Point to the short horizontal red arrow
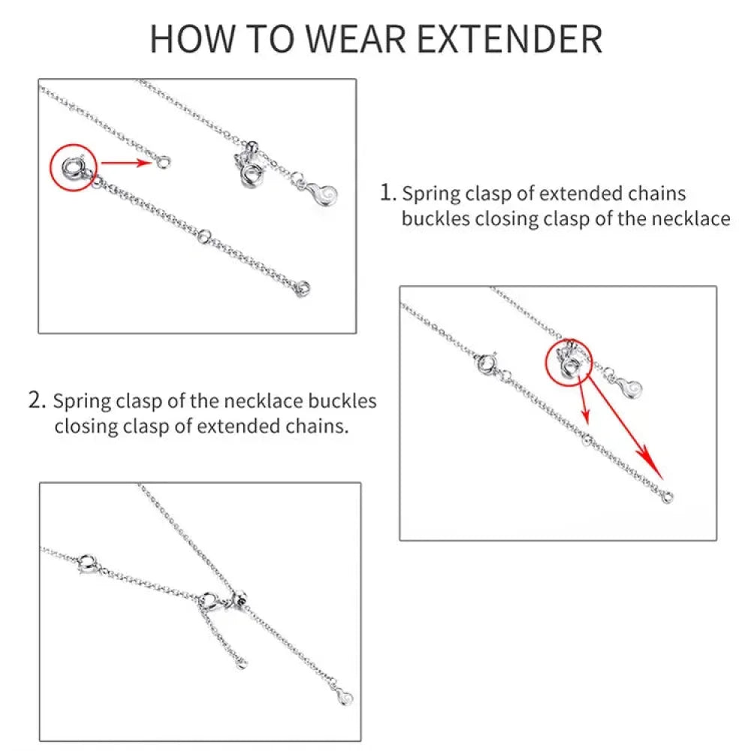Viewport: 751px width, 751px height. (x=128, y=161)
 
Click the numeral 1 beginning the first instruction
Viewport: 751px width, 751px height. (x=386, y=193)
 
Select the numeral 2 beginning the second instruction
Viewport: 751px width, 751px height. (x=38, y=400)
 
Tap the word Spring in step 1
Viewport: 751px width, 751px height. (x=430, y=194)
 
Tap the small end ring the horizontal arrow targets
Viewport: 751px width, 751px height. (x=164, y=160)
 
